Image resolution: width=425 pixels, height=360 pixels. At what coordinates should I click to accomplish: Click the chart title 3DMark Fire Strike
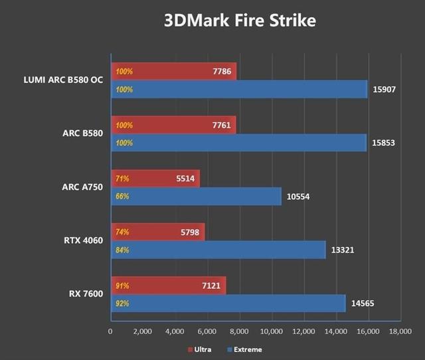point(240,21)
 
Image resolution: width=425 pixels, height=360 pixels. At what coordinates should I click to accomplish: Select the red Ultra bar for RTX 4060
point(157,232)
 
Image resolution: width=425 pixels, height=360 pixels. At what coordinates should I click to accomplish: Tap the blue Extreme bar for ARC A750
point(196,197)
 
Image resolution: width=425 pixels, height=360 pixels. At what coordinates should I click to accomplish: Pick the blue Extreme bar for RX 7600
point(228,304)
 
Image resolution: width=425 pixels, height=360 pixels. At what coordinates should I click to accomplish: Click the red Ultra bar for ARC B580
point(173,125)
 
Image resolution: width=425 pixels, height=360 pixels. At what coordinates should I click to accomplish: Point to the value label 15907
point(385,89)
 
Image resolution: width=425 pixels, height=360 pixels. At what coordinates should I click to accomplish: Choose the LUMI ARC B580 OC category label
point(63,80)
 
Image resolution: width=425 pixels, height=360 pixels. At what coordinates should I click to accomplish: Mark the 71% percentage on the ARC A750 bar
point(122,179)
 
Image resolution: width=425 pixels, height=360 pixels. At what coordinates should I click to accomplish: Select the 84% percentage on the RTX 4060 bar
point(122,250)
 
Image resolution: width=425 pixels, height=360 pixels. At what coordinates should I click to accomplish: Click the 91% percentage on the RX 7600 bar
point(122,286)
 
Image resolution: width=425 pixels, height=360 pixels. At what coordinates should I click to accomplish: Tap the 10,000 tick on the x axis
point(271,331)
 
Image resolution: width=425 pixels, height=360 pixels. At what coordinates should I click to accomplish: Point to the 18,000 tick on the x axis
point(400,331)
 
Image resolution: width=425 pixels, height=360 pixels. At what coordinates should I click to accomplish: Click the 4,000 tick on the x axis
point(174,331)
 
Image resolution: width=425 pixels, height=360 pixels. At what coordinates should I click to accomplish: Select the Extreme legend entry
point(245,349)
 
